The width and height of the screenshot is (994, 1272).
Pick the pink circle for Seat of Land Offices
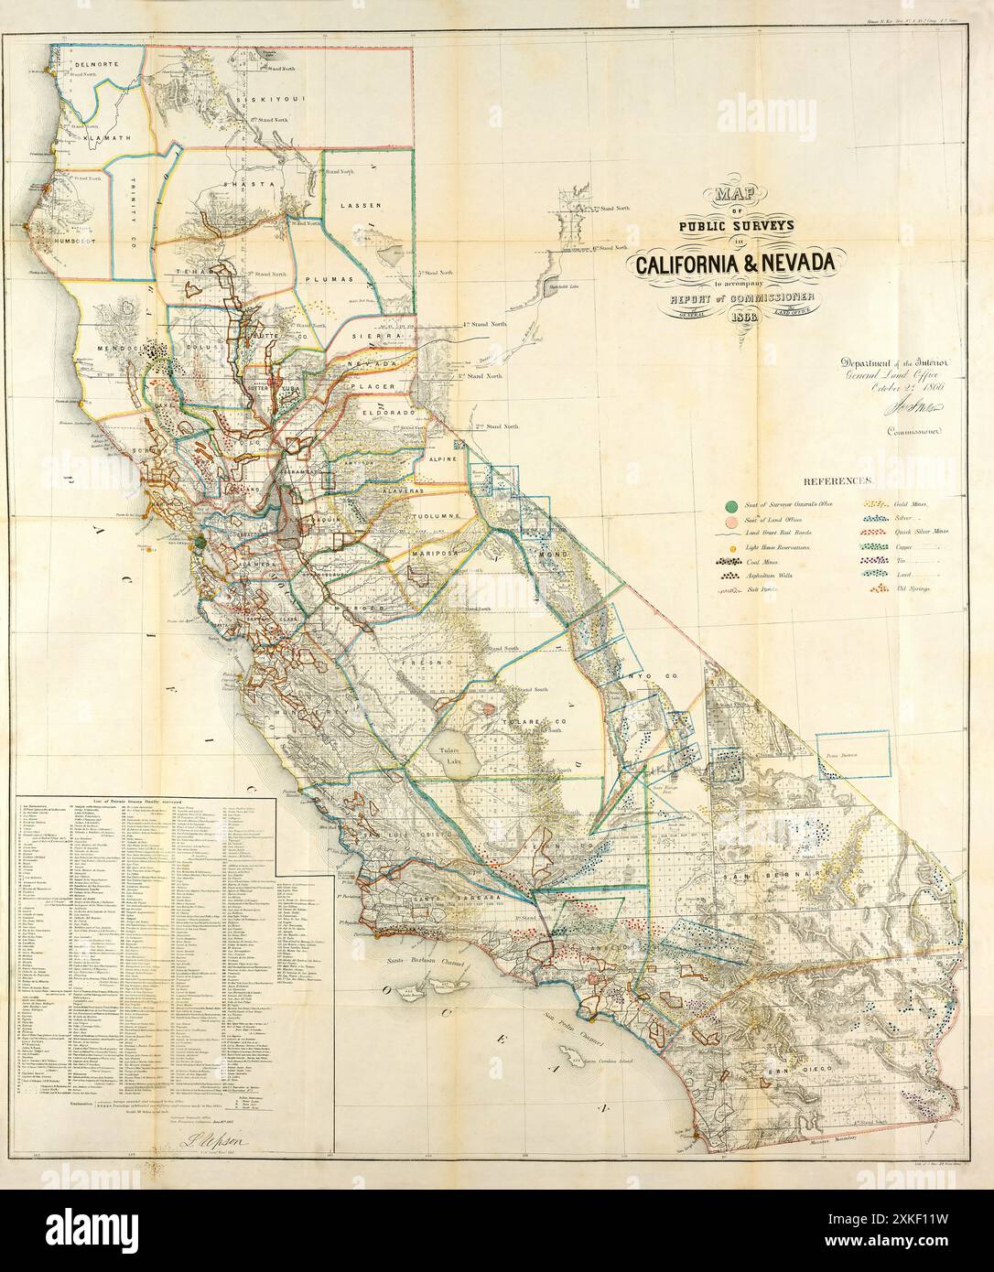point(730,521)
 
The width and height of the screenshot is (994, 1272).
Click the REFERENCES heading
point(839,480)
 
